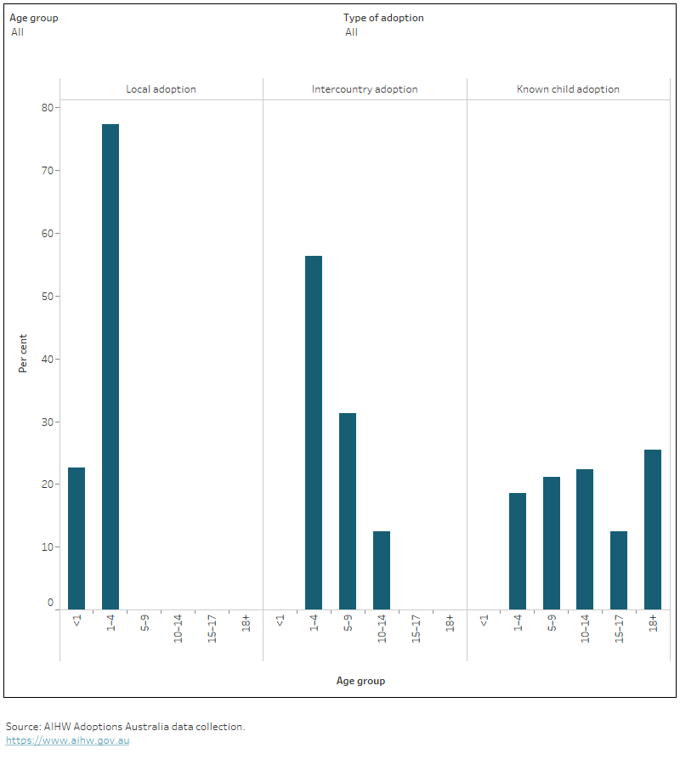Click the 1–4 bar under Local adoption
coord(110,366)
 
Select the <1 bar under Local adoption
coord(76,538)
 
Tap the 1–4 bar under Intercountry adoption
coord(314,432)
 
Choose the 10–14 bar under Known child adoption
coord(585,539)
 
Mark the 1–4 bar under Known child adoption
coord(518,551)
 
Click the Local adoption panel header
coord(161,89)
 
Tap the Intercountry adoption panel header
coord(365,89)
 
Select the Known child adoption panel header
coord(568,89)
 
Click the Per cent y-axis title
coord(24,354)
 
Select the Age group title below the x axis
coord(360,681)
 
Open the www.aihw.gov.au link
coord(67,740)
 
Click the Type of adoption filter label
coord(383,18)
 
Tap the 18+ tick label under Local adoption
coord(246,622)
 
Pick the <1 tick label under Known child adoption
coord(484,620)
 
